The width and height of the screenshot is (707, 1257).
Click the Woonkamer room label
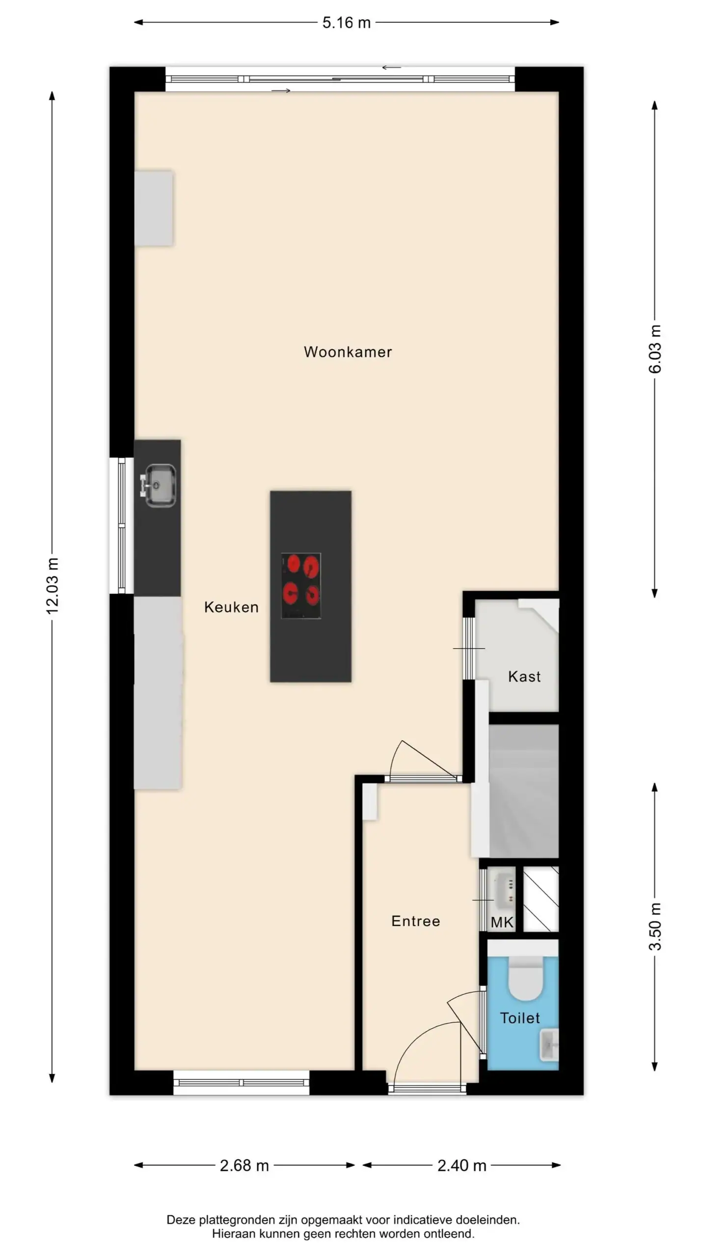[x=348, y=352]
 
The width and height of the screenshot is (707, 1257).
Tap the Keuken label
[x=231, y=607]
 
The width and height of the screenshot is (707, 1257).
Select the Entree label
[x=416, y=921]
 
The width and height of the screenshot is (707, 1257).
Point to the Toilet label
[x=520, y=1018]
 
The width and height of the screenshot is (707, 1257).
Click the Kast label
[x=524, y=677]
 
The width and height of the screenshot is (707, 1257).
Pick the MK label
[x=502, y=923]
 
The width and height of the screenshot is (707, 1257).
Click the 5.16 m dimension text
[x=346, y=23]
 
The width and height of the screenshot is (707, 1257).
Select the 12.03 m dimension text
[x=52, y=586]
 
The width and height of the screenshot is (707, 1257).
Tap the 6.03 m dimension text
[x=655, y=349]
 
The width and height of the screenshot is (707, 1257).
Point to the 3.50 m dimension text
[x=655, y=926]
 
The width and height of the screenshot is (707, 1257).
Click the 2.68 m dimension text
[x=244, y=1166]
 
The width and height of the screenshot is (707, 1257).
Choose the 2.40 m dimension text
[x=462, y=1166]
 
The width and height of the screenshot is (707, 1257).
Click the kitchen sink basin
[x=160, y=486]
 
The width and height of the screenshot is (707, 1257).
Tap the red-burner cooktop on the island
[x=301, y=585]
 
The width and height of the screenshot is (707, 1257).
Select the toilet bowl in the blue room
[x=524, y=979]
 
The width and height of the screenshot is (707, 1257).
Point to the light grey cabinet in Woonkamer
[x=154, y=208]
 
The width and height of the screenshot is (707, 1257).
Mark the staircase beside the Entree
[x=523, y=791]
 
